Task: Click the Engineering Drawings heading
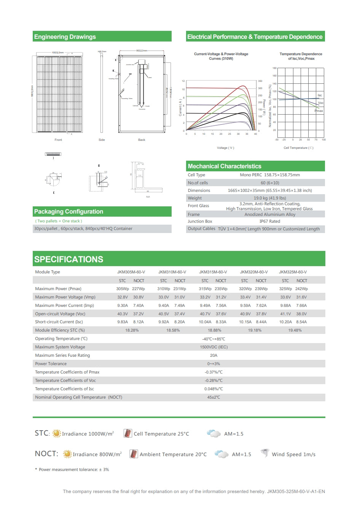[65, 37]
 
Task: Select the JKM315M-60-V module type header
[213, 272]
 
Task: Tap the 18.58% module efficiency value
[173, 330]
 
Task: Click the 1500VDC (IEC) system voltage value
[213, 347]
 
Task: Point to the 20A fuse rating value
[213, 355]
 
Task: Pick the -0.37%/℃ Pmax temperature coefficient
[213, 372]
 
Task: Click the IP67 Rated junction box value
[269, 221]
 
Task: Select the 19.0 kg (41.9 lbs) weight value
[269, 198]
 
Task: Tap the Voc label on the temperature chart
[320, 103]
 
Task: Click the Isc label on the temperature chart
[320, 95]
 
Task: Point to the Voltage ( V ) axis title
[225, 148]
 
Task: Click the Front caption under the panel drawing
[58, 140]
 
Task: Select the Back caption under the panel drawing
[142, 140]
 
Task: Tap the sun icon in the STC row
[56, 433]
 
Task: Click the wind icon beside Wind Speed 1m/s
[264, 453]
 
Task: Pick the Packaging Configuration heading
[68, 212]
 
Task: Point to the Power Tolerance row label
[51, 364]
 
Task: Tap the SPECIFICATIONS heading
[68, 259]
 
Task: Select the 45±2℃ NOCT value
[213, 397]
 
